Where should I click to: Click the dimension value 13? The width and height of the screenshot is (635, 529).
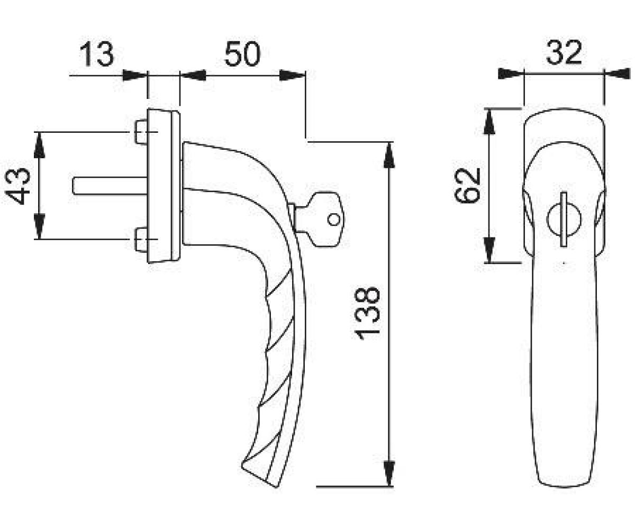point(97,54)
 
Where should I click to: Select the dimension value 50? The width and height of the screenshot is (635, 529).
point(242,54)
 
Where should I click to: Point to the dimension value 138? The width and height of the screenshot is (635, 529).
point(367,313)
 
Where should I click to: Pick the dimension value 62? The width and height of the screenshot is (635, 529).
point(467,185)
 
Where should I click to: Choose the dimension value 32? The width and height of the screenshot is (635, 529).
point(564,52)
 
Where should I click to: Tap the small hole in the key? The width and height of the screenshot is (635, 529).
point(333,219)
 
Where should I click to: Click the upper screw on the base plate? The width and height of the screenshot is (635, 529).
point(141,132)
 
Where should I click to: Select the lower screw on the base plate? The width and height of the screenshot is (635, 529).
point(141,240)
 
